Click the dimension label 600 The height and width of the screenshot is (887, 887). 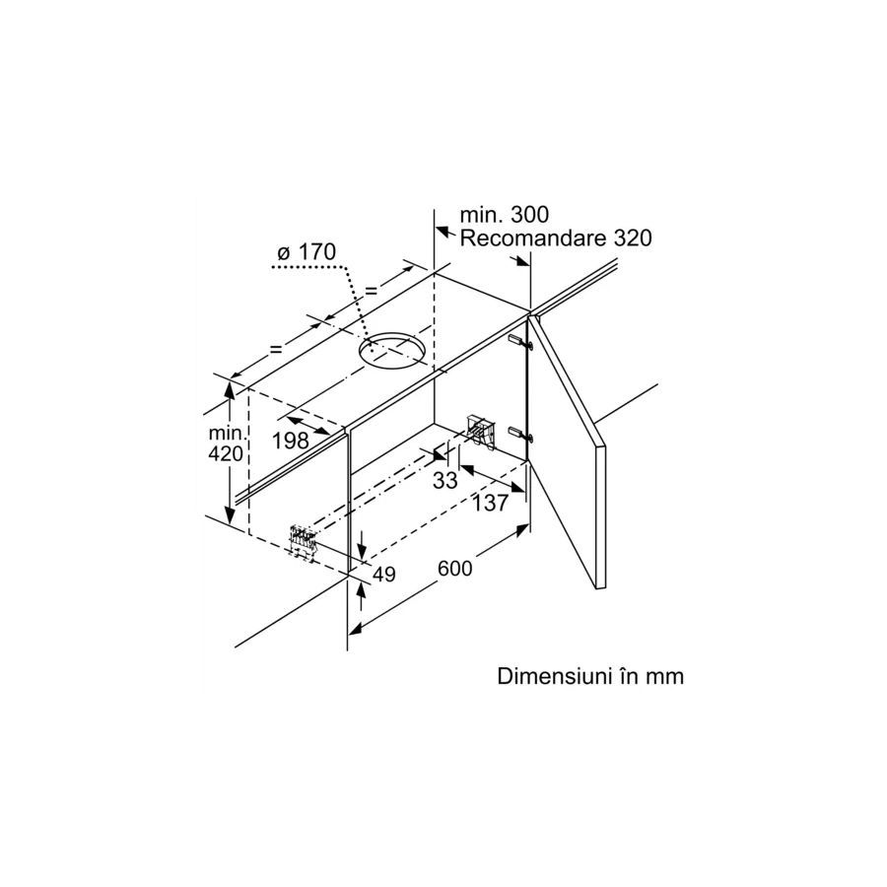click(x=455, y=570)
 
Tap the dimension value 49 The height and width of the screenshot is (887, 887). click(x=384, y=574)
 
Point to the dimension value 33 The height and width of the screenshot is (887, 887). click(x=445, y=480)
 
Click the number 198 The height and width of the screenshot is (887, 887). click(x=290, y=441)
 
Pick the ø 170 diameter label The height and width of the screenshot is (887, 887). click(x=307, y=253)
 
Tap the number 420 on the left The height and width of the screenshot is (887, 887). click(x=226, y=454)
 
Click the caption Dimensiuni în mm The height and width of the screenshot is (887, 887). click(x=590, y=677)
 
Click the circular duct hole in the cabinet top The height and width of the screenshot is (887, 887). click(x=392, y=351)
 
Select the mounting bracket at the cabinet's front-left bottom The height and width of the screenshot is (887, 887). click(x=303, y=540)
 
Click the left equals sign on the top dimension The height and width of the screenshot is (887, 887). click(x=275, y=348)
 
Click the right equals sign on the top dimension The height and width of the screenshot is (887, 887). click(x=372, y=290)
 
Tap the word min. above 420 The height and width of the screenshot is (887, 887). click(x=226, y=434)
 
